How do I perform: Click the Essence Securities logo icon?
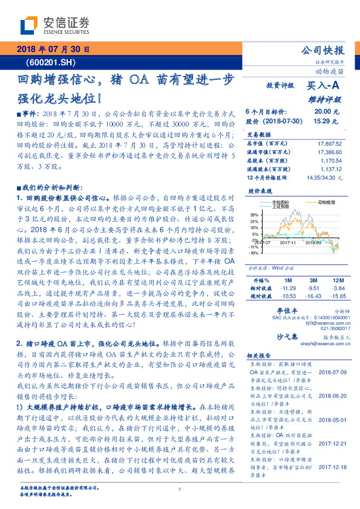[x=31, y=25]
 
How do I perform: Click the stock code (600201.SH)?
[x=51, y=62]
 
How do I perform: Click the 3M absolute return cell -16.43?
[x=312, y=296]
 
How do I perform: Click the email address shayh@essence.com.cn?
[x=325, y=342]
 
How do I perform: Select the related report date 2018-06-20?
[x=332, y=391]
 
